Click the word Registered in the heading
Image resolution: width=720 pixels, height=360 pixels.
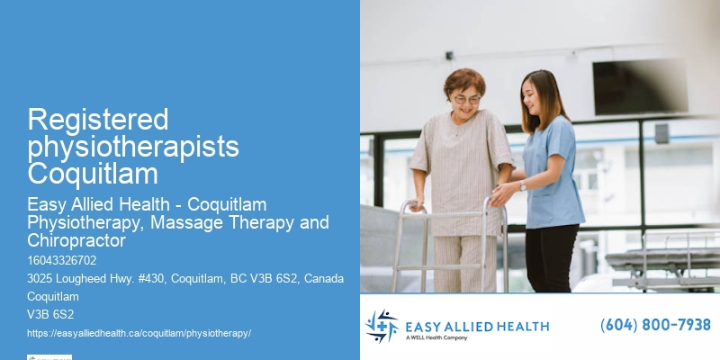pyautogui.click(x=98, y=119)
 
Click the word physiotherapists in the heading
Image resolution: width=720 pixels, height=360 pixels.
pyautogui.click(x=133, y=146)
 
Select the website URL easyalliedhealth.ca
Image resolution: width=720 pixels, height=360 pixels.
pyautogui.click(x=139, y=333)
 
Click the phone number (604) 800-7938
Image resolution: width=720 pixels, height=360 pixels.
pyautogui.click(x=655, y=325)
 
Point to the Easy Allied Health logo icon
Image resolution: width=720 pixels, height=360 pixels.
pyautogui.click(x=382, y=327)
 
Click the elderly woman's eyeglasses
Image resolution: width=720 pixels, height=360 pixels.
pyautogui.click(x=466, y=99)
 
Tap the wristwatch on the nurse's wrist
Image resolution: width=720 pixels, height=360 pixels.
pyautogui.click(x=522, y=186)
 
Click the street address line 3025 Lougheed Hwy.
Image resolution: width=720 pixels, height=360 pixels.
pyautogui.click(x=185, y=279)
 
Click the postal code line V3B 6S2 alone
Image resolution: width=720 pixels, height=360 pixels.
pyautogui.click(x=50, y=315)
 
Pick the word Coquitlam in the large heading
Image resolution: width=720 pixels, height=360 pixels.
pyautogui.click(x=93, y=173)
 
